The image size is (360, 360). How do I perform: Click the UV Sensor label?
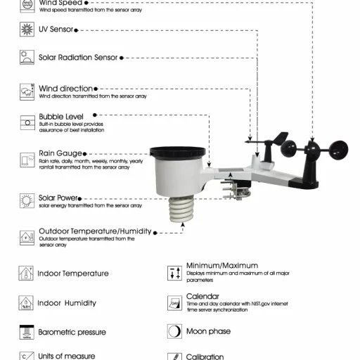click(x=56, y=30)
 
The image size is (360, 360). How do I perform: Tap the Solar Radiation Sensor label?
click(x=78, y=58)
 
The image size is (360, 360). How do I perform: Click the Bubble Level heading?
click(x=61, y=116)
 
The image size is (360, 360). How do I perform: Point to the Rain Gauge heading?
click(x=60, y=153)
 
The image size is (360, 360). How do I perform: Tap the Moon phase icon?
click(x=174, y=331)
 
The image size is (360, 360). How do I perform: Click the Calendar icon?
click(x=174, y=302)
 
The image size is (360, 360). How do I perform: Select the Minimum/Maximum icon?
click(x=174, y=273)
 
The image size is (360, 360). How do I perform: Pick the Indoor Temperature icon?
click(x=26, y=273)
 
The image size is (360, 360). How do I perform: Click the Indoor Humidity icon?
click(x=26, y=303)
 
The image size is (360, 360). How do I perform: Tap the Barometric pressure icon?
click(x=26, y=332)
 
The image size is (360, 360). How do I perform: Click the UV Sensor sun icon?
click(x=27, y=30)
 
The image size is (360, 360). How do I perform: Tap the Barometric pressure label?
click(x=72, y=332)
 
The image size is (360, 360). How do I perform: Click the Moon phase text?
click(x=208, y=331)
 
